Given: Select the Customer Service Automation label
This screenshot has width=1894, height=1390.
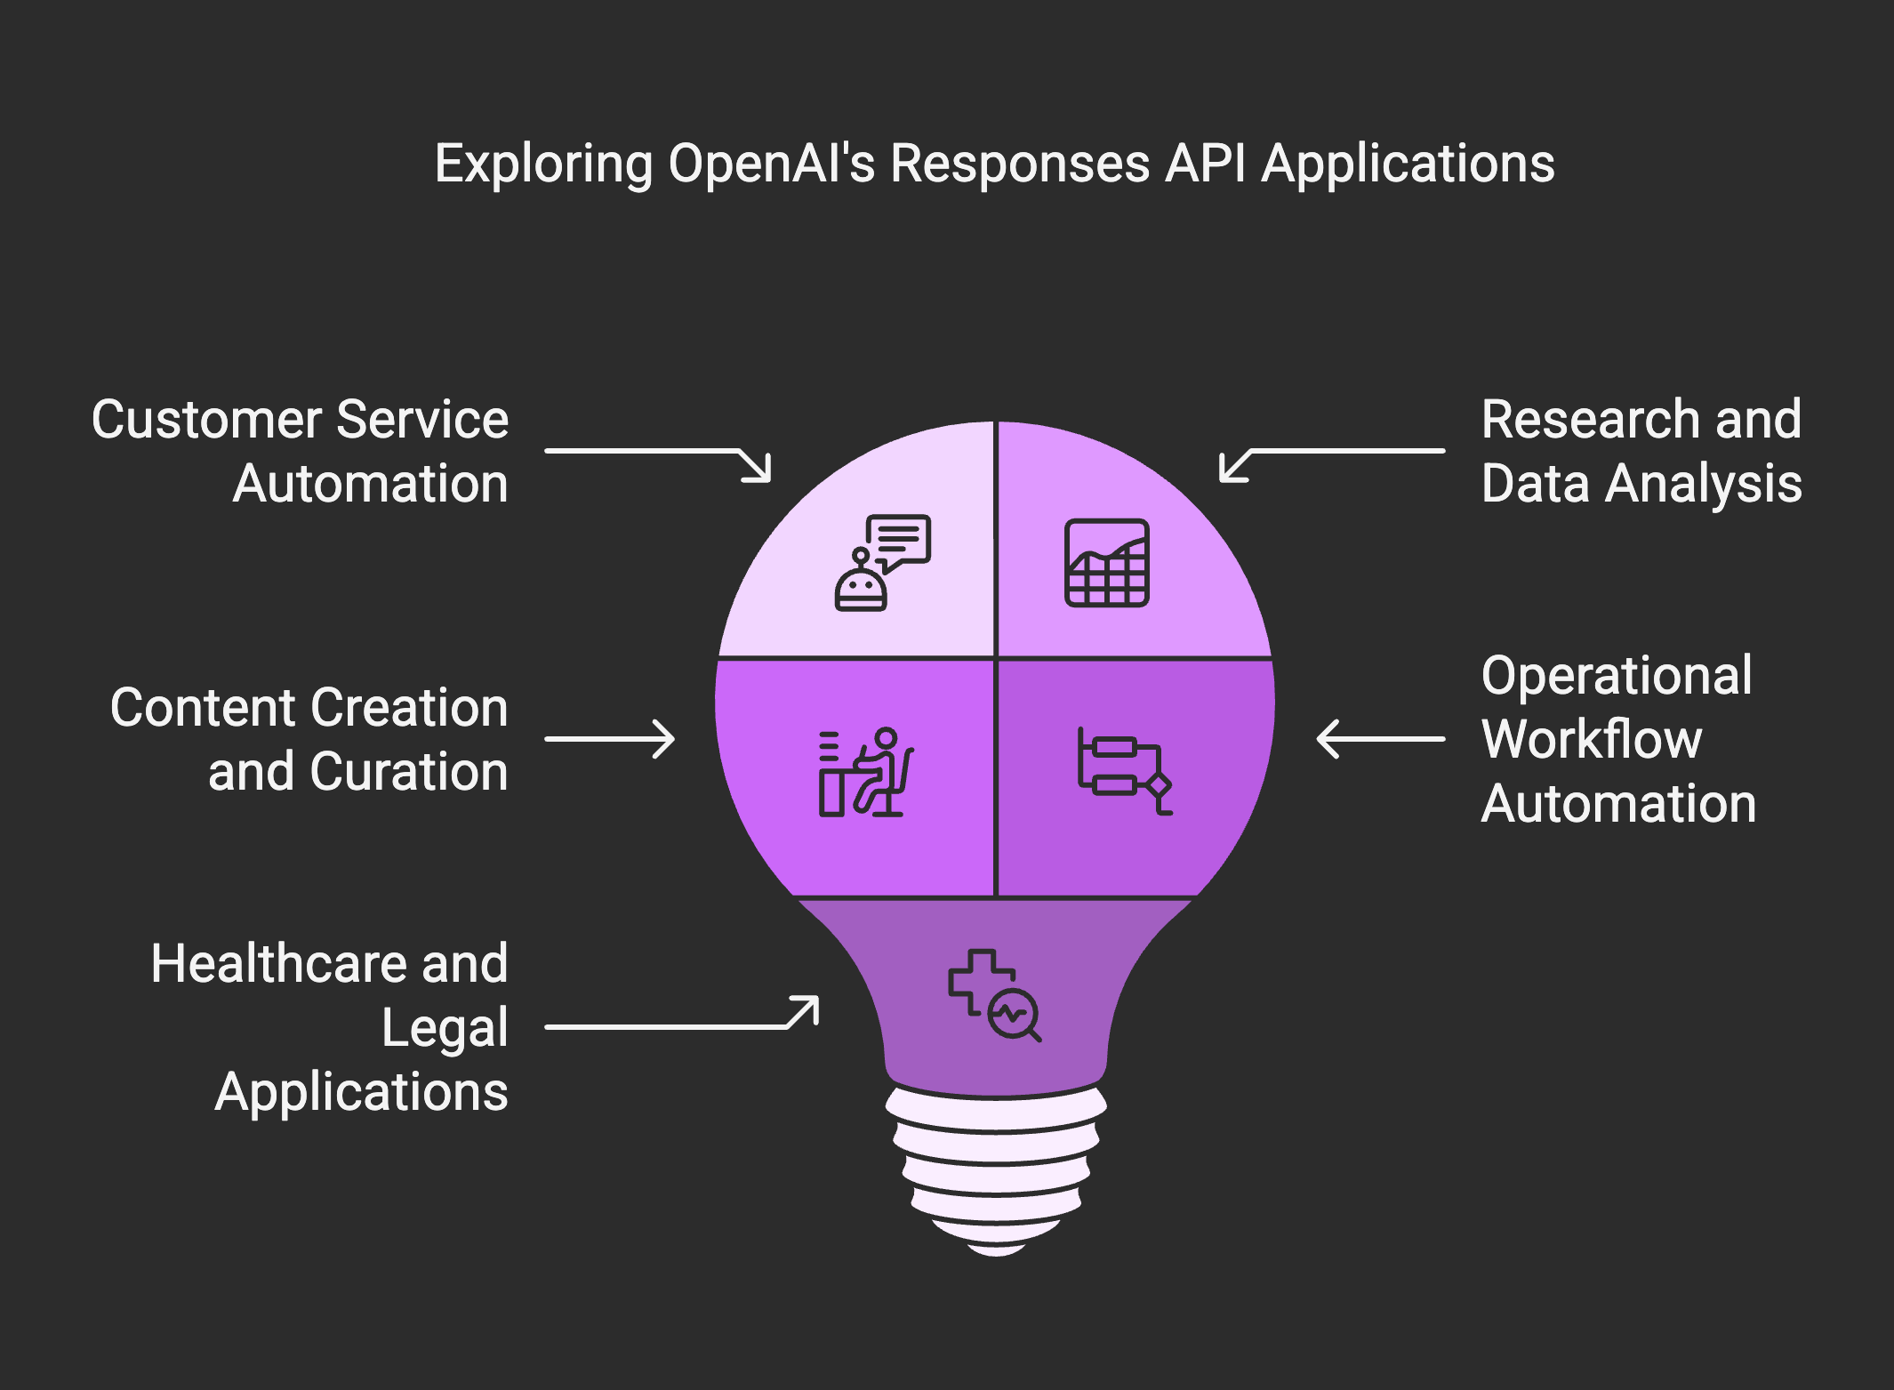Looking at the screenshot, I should (x=301, y=451).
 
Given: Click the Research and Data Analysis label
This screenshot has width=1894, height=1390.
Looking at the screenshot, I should (x=1641, y=451).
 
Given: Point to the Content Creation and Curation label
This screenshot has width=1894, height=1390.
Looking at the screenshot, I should (x=309, y=739).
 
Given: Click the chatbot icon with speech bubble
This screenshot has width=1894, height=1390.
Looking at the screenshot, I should (x=883, y=562).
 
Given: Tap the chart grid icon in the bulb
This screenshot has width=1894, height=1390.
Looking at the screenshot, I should (x=1107, y=563).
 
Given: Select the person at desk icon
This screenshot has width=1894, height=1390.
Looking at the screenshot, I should (x=865, y=772).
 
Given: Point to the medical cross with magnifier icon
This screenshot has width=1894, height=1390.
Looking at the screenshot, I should (x=994, y=995).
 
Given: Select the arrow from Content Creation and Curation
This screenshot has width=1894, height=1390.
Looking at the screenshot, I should (x=610, y=739).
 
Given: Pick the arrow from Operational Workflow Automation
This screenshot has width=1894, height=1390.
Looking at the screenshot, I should (x=1381, y=739).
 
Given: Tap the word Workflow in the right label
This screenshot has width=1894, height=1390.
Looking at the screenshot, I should (x=1592, y=739).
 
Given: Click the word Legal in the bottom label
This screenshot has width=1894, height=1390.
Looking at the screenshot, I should (x=445, y=1029).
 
